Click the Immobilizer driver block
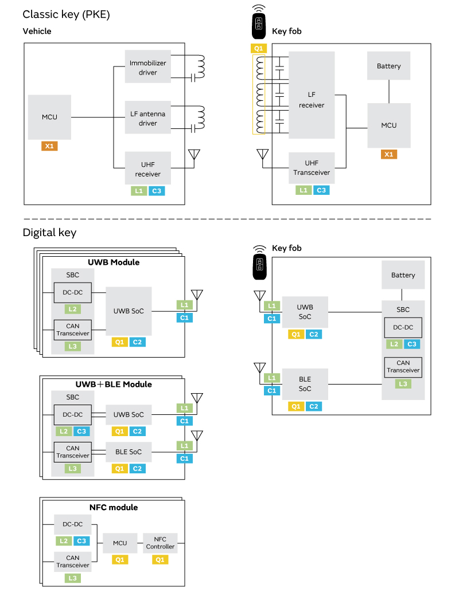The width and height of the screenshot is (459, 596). (148, 66)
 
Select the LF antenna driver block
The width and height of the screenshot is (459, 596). (148, 117)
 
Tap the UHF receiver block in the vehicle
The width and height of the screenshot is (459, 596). (148, 168)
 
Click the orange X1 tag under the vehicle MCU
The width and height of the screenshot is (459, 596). (49, 146)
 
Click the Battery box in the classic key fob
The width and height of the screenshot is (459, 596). (388, 66)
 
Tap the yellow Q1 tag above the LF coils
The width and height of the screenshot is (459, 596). (259, 49)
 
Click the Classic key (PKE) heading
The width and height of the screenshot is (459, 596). (66, 14)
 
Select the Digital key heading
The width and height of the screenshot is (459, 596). (49, 233)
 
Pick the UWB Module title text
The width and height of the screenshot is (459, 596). (114, 262)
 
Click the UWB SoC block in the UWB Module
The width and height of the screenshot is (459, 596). (129, 311)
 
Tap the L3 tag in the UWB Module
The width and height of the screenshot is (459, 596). (72, 346)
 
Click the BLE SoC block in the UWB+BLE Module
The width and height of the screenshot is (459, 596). (129, 452)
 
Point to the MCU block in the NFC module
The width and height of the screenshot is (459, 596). (120, 543)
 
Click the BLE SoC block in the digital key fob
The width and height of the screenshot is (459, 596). (305, 384)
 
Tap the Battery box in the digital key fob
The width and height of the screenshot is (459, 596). (403, 275)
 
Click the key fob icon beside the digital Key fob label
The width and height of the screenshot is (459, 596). (259, 263)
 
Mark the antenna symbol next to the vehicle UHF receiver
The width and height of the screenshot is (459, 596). (194, 156)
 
